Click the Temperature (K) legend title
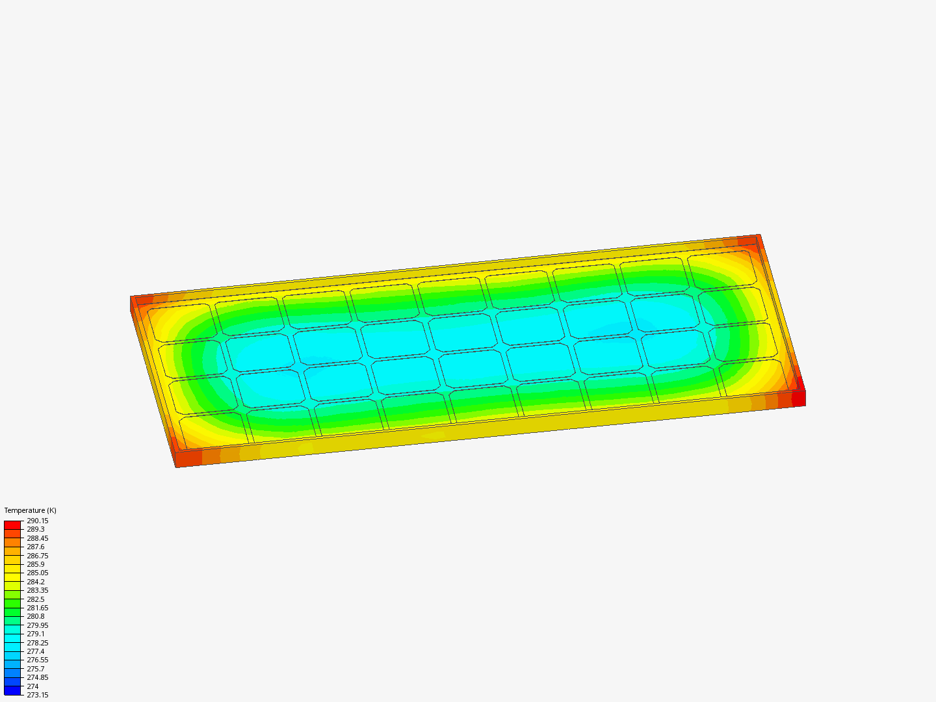31,510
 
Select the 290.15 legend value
38,521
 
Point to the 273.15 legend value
38,695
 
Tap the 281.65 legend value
38,608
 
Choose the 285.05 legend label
38,573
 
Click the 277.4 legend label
35,651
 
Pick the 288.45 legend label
38,538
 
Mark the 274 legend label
33,686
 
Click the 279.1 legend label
35,634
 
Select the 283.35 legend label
38,590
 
